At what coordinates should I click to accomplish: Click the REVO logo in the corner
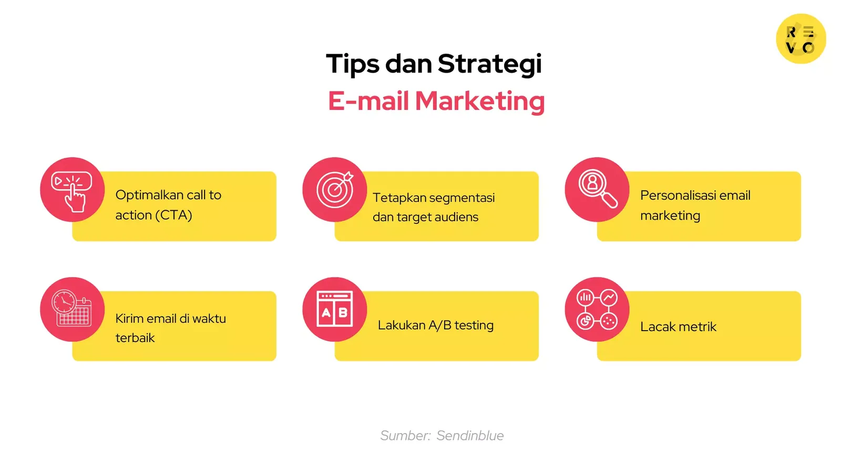801,39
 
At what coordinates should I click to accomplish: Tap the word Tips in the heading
353,64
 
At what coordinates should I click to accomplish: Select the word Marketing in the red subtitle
479,101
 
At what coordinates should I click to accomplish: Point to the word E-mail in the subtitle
368,101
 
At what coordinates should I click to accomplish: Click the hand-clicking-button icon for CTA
72,190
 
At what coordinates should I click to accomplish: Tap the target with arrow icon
335,189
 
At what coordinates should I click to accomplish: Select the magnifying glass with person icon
597,189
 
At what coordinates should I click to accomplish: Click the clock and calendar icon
72,309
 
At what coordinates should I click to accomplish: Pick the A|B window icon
335,309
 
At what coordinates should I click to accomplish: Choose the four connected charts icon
597,309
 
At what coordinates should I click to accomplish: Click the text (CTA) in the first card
173,215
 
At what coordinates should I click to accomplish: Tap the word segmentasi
464,198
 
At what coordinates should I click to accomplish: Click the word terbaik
135,338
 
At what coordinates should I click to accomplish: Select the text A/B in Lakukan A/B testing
440,325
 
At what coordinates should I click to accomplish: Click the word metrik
697,327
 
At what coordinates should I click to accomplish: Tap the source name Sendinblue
470,436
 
